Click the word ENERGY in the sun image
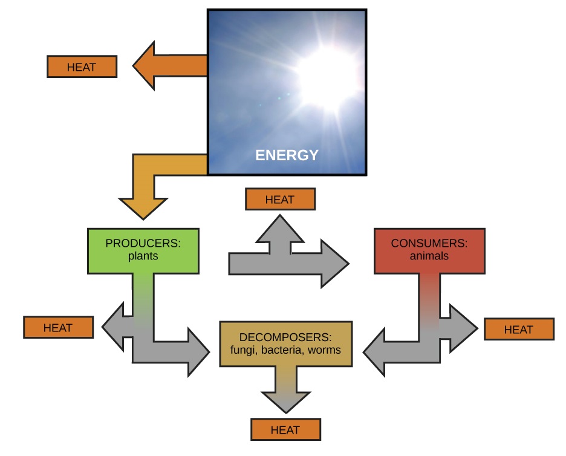(287, 155)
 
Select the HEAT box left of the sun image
(82, 67)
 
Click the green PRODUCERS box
(143, 250)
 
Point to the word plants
(143, 256)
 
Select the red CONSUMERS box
(429, 250)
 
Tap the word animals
(429, 256)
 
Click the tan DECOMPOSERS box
(285, 344)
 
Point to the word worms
(325, 350)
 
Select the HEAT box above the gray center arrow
(280, 199)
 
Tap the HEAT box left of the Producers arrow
(58, 327)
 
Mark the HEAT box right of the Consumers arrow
(519, 329)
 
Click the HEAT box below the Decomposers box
(285, 430)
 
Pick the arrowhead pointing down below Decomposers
(285, 399)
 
